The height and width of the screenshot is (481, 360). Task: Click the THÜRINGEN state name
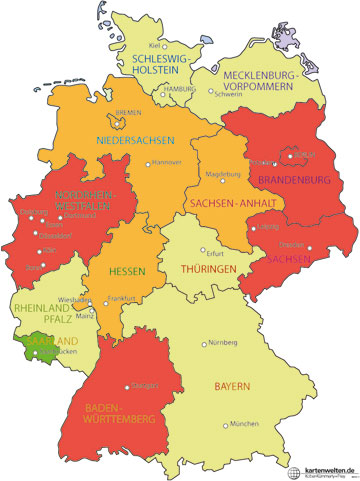pyautogui.click(x=207, y=269)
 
